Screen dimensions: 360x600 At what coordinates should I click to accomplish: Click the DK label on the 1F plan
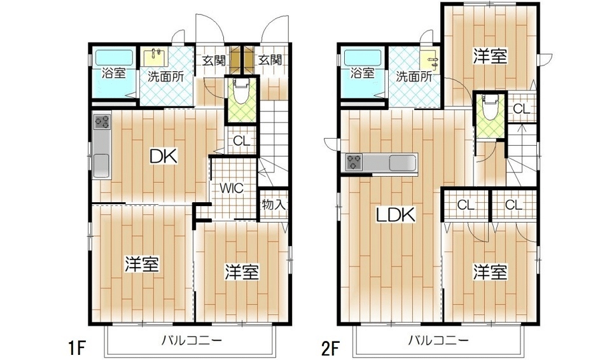(163, 155)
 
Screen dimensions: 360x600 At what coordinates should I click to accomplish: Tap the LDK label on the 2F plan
(395, 215)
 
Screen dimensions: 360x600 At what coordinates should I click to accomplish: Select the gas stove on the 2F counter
(354, 163)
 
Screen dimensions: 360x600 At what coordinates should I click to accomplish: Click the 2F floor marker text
(330, 347)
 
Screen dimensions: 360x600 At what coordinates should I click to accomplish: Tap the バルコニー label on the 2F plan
(438, 341)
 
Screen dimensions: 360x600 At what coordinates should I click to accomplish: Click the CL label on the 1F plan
(241, 141)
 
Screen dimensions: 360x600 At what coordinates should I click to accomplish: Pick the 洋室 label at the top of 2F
(490, 56)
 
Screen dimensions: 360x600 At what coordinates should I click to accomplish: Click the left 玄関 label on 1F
(214, 61)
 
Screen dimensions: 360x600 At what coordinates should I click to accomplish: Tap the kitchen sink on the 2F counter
(400, 163)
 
